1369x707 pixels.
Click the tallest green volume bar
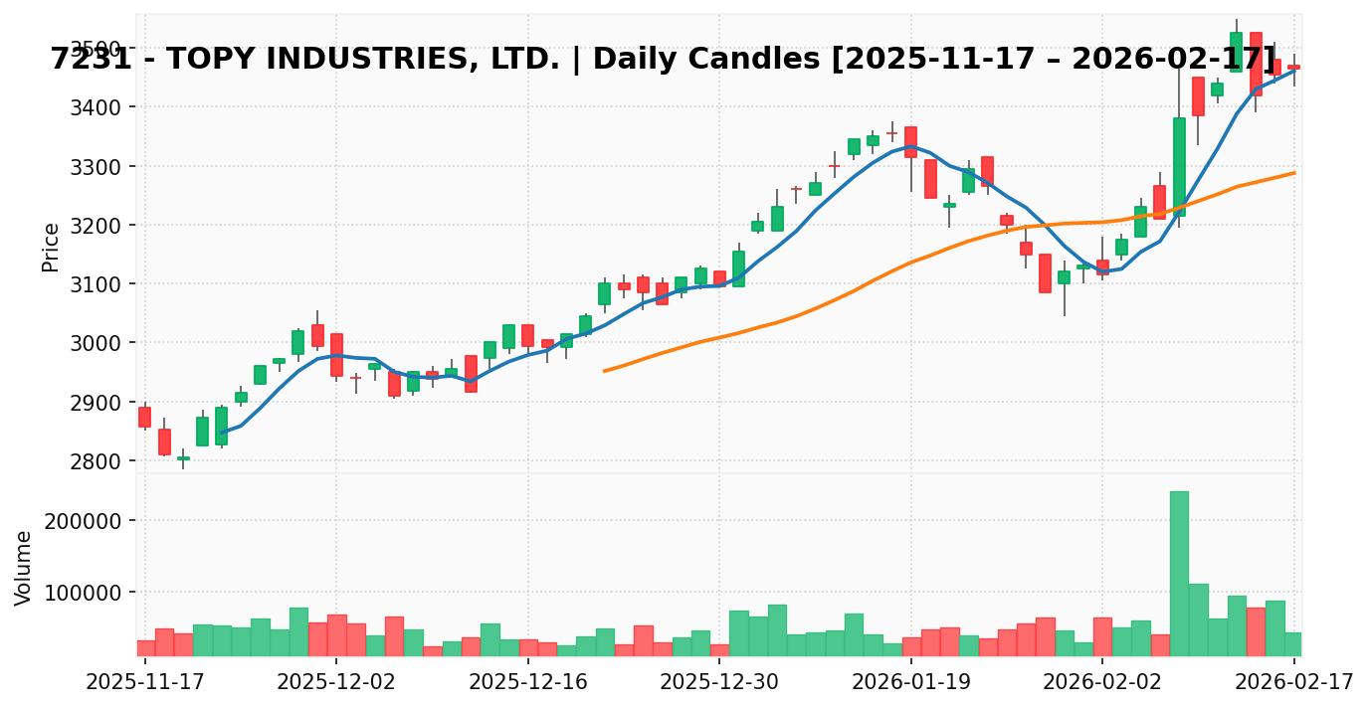click(1179, 573)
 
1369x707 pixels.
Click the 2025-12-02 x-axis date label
click(336, 683)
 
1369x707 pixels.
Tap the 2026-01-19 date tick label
click(911, 683)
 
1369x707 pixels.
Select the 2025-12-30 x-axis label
click(719, 683)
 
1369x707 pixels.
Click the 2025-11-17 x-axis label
click(145, 683)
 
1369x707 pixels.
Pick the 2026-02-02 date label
click(1102, 683)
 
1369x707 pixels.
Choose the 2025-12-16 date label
click(528, 683)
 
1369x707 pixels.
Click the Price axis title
click(51, 247)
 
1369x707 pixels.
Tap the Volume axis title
click(24, 567)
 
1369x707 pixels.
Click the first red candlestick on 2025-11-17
click(145, 417)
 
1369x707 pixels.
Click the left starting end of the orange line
click(604, 371)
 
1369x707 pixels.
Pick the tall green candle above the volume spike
click(1179, 167)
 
